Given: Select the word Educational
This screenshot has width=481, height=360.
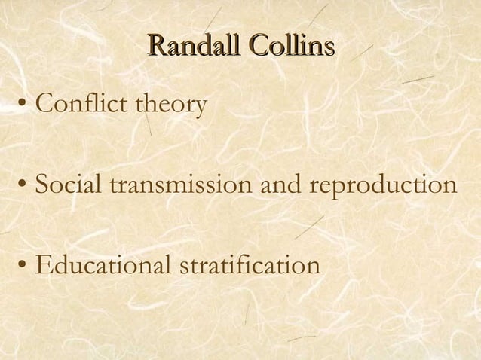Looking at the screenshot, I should pyautogui.click(x=102, y=266).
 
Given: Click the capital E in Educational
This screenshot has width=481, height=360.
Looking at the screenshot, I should pyautogui.click(x=44, y=266).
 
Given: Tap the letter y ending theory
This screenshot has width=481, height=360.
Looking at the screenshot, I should pyautogui.click(x=200, y=108).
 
